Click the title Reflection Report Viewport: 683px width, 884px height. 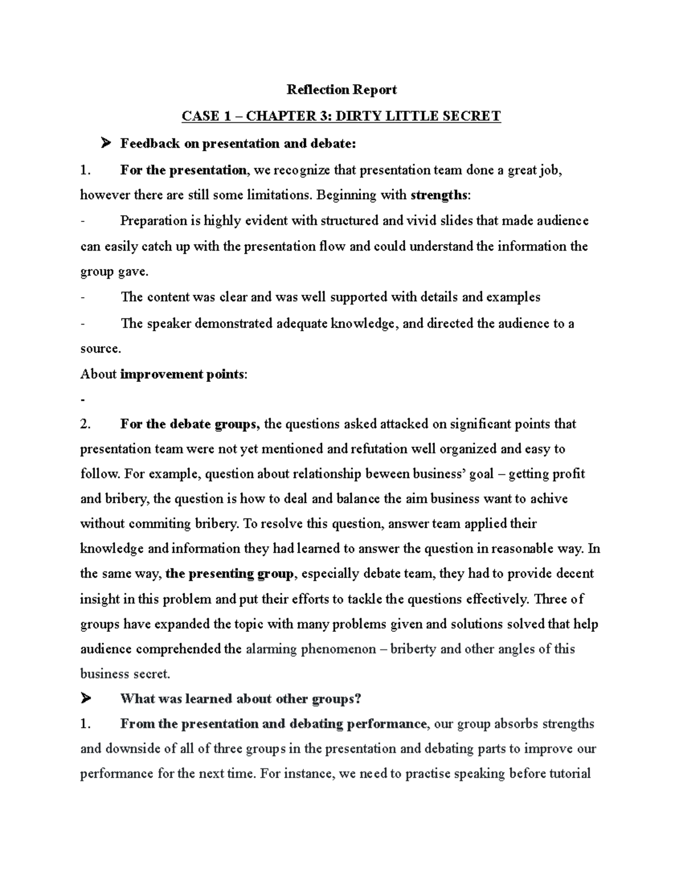point(341,89)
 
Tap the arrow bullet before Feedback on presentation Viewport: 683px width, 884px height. point(105,143)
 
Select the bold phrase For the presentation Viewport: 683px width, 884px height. point(183,170)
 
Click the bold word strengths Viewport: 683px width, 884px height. point(439,195)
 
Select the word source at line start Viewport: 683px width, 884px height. point(100,348)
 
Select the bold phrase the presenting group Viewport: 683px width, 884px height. point(229,574)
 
